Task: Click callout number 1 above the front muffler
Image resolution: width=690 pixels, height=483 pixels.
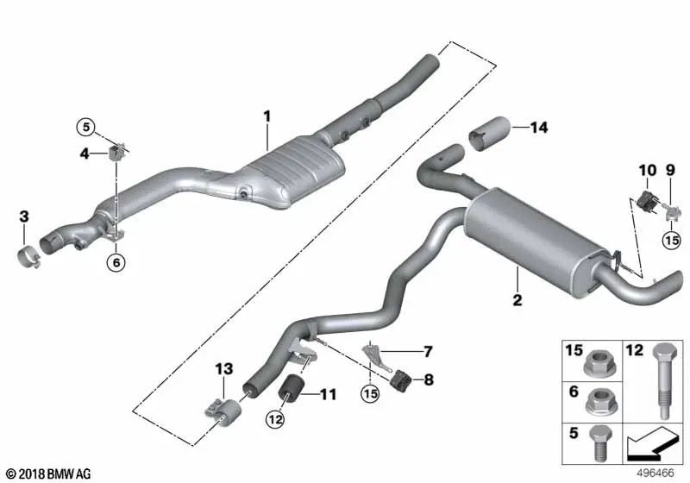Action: pos(267,116)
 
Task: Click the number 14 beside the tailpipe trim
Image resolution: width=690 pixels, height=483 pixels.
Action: pos(539,128)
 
